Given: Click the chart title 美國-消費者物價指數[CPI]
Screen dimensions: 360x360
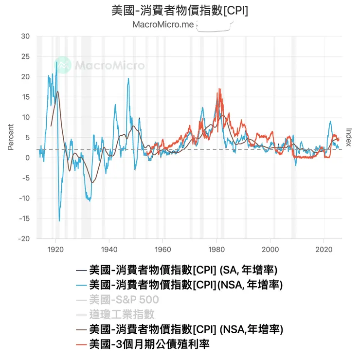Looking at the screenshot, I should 180,11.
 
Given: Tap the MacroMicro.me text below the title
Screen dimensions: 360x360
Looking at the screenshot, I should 163,25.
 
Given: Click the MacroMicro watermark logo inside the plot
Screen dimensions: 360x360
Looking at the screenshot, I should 100,65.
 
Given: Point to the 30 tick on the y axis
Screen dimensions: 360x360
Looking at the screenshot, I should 25,36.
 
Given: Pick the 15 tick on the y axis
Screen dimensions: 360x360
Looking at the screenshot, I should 25,97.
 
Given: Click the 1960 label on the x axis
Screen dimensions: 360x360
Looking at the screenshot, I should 162,247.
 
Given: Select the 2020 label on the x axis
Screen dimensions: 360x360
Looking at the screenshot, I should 324,247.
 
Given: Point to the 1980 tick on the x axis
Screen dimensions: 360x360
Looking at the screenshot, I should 216,247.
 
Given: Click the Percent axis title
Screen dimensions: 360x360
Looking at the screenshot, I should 11,137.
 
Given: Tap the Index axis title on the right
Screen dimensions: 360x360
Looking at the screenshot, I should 348,137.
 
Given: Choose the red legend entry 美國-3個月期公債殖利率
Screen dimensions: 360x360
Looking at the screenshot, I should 149,344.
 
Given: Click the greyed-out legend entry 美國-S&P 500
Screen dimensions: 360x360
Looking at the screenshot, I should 124,299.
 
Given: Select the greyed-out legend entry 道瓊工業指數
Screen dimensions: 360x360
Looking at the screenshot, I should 122,314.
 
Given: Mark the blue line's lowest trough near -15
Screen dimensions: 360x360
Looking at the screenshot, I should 59,220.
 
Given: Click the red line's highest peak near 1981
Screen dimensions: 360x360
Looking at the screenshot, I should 219,89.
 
